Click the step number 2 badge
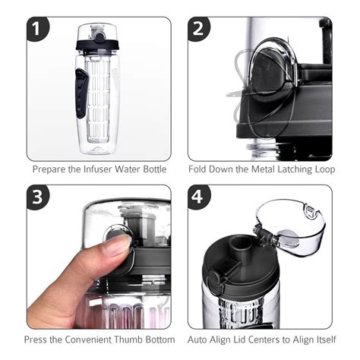point(200,30)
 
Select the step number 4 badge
point(200,198)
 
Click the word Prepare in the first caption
point(51,169)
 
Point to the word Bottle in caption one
point(152,169)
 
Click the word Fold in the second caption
point(204,169)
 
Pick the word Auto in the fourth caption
point(198,339)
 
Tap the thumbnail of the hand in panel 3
point(116,244)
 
